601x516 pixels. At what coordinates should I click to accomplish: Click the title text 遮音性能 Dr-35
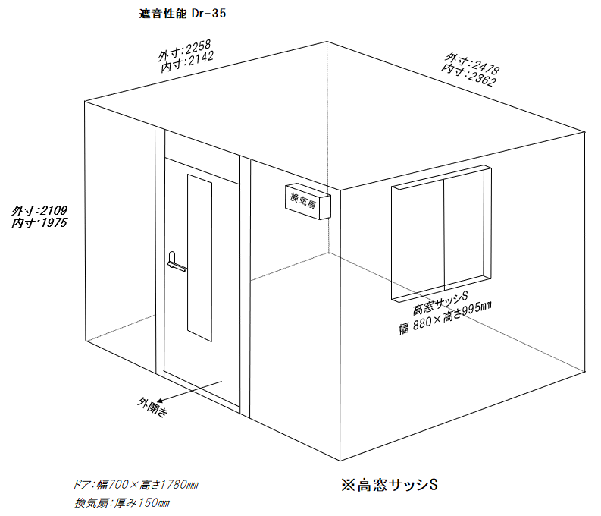183,14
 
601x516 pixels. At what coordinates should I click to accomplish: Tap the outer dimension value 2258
198,48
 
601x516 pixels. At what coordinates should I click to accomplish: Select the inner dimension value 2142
201,59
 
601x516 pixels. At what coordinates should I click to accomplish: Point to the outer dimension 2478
485,68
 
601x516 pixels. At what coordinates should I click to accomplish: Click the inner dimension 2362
482,78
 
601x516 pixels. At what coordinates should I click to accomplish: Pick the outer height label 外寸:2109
39,210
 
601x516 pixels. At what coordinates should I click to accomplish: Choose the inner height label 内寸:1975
39,222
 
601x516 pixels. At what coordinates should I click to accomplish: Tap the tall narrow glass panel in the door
199,258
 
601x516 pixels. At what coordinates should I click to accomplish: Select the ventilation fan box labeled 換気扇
308,202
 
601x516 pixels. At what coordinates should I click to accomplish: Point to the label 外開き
152,407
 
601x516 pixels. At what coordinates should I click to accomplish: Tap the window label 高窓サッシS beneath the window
440,303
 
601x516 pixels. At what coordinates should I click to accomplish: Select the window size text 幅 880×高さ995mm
445,318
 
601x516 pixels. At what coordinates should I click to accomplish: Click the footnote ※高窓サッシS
390,485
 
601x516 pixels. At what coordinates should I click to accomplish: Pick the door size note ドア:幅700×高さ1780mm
136,485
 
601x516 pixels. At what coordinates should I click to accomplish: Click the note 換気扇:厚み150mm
122,502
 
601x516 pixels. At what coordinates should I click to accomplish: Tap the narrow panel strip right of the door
246,287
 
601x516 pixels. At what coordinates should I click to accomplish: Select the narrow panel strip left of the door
160,252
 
